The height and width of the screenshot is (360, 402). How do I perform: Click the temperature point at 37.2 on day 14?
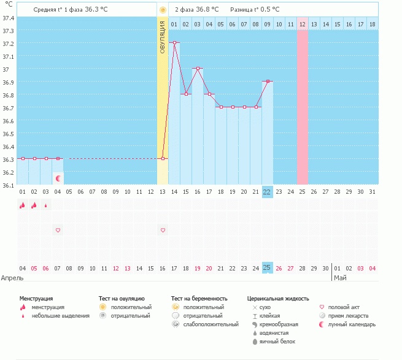[x=175, y=43]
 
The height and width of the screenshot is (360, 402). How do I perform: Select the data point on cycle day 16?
[x=198, y=69]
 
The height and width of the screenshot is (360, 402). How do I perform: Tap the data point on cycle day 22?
[x=268, y=82]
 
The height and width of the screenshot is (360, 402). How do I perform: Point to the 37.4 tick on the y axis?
[x=9, y=18]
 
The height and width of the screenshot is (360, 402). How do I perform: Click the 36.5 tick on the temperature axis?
[x=9, y=133]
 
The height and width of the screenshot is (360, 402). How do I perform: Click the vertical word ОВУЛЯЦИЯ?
[x=163, y=37]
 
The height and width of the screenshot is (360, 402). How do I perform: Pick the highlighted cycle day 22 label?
[x=267, y=192]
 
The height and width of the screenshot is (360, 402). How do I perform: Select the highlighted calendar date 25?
[x=267, y=267]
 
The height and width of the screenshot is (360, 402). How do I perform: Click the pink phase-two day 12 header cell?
[x=303, y=24]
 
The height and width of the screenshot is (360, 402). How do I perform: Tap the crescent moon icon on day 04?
[x=58, y=178]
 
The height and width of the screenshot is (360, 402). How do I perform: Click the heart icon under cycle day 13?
[x=163, y=230]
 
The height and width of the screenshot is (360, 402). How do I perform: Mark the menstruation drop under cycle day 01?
[x=22, y=206]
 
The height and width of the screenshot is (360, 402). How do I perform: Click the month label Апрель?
[x=13, y=278]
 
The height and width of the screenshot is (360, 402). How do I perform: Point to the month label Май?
[x=340, y=278]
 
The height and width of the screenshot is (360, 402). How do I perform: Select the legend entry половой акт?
[x=342, y=307]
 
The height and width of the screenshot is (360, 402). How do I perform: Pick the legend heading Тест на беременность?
[x=203, y=298]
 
